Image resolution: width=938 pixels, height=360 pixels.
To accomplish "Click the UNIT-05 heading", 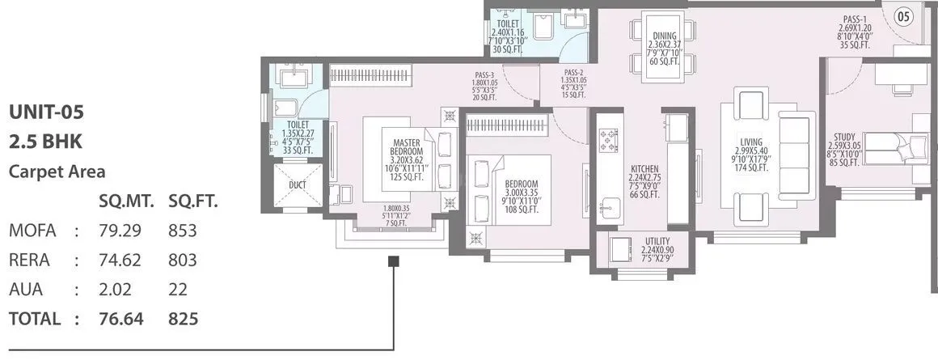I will point(46,112).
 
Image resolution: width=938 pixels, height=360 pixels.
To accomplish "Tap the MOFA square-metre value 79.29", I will point(120,231).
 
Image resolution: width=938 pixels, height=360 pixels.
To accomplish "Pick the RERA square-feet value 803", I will point(183,260).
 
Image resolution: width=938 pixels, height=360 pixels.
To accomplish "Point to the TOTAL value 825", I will point(183,319).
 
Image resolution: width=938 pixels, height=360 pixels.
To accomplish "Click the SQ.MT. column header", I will point(120,201).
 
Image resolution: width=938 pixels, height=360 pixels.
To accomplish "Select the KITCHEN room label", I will point(644,168).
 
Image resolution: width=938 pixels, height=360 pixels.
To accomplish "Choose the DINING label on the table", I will point(664,35).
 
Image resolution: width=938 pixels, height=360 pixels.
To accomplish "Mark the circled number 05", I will point(904,15).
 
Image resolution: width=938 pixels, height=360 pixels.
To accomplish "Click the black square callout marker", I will point(394,261).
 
